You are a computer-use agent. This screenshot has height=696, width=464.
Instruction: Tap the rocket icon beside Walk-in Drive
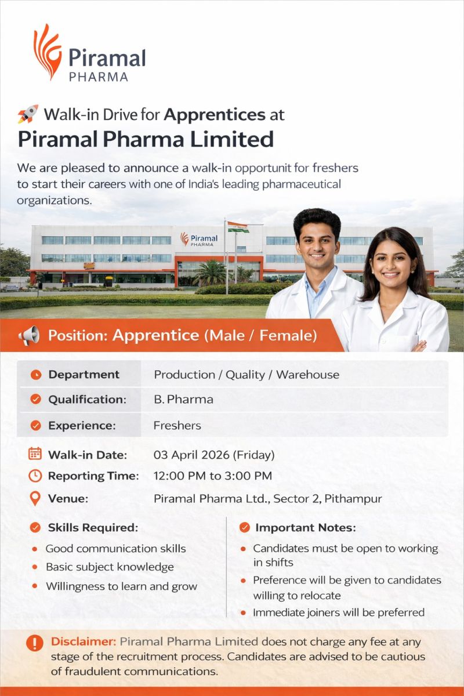[x=27, y=114]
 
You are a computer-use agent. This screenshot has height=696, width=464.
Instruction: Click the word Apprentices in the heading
[x=214, y=114]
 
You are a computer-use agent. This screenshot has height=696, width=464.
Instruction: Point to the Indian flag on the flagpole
[x=238, y=227]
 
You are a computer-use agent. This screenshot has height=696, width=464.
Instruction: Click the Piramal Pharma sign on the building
[x=199, y=239]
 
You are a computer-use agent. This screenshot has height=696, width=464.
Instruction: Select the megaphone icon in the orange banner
[x=29, y=335]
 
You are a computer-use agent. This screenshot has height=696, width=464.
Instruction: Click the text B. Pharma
[x=183, y=400]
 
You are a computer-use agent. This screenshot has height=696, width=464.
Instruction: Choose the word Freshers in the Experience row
[x=177, y=425]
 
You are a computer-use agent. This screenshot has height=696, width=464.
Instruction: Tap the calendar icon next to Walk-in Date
[x=35, y=454]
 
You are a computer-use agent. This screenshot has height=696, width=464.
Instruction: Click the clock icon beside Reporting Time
[x=35, y=476]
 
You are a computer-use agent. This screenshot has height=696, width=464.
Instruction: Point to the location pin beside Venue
[x=35, y=498]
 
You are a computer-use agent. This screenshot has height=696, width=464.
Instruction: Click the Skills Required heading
[x=93, y=528]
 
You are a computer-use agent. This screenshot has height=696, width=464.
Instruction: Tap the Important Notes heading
[x=305, y=528]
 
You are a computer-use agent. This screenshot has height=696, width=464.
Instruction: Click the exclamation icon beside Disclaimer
[x=35, y=643]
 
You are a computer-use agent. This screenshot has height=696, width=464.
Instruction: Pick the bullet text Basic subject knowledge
[x=110, y=567]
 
